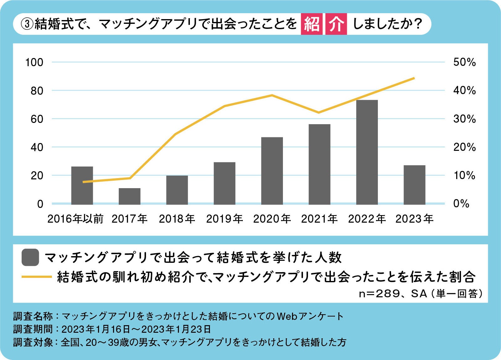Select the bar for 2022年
(x=367, y=152)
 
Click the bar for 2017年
(x=129, y=196)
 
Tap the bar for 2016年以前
(x=82, y=185)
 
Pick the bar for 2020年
(x=272, y=171)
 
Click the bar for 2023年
(x=414, y=185)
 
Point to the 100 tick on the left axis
(x=34, y=62)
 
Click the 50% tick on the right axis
(x=464, y=62)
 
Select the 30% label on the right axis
(x=464, y=119)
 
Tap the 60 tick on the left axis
(x=37, y=119)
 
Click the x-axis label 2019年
(x=224, y=219)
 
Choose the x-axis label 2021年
(x=319, y=219)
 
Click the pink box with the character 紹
(x=311, y=24)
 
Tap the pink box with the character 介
(x=336, y=24)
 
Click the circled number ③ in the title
(x=27, y=24)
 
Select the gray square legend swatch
(x=30, y=257)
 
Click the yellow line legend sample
(x=36, y=277)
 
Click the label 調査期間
(x=33, y=329)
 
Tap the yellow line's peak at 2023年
(x=414, y=78)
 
